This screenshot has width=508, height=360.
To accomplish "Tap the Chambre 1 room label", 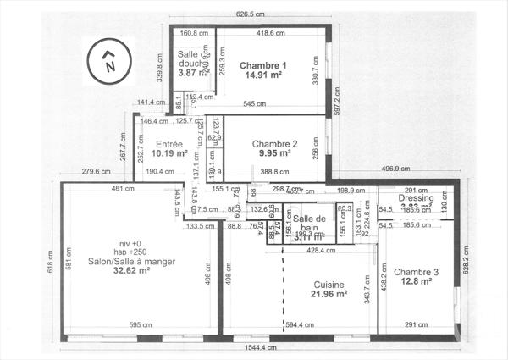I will point(263,65).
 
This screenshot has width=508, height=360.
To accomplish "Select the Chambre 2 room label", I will point(275,144).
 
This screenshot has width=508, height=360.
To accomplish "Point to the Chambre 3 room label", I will point(417,272).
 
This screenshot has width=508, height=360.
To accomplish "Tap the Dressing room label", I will point(417,198).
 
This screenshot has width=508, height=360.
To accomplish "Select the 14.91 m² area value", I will point(263,75).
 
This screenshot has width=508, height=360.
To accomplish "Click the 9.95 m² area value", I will point(275,154).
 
